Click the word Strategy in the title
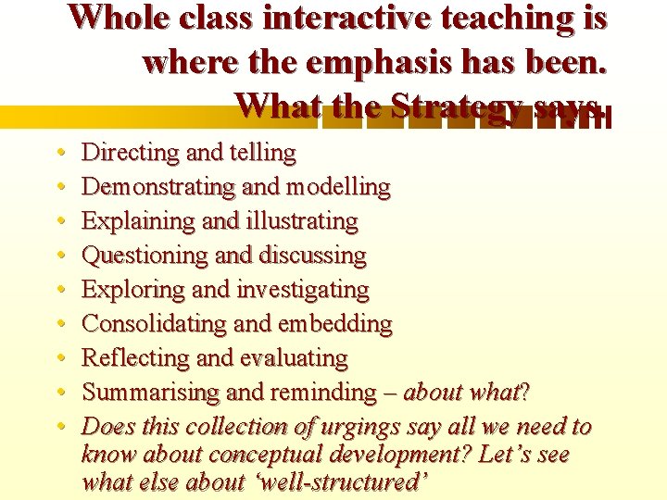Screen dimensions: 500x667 click(x=449, y=105)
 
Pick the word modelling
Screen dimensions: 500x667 click(x=338, y=187)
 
